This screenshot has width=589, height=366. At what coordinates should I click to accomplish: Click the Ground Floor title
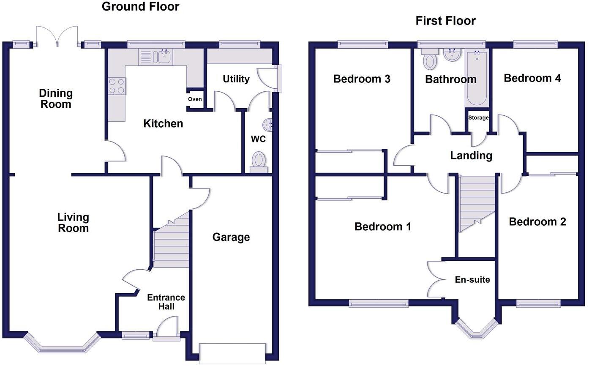140,7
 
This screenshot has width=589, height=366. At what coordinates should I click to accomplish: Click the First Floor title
445,21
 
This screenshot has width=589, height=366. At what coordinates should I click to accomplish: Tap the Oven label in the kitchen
195,99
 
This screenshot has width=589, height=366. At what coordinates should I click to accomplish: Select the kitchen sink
162,57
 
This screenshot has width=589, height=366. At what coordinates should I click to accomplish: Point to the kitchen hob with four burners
117,86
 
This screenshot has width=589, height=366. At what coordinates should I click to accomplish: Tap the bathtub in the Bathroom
477,78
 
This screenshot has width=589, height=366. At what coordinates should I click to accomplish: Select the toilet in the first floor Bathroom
430,59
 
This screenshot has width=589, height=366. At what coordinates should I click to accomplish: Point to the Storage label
478,118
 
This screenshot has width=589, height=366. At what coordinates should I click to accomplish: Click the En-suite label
472,279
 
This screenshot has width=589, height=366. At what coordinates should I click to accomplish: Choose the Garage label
231,237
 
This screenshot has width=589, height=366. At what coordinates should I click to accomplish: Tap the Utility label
236,79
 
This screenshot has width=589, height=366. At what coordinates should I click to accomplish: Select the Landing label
471,156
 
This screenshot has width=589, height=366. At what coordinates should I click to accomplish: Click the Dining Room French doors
57,36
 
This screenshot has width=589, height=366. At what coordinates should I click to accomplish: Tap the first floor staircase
477,201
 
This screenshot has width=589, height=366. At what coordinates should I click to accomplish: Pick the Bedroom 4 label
532,78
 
